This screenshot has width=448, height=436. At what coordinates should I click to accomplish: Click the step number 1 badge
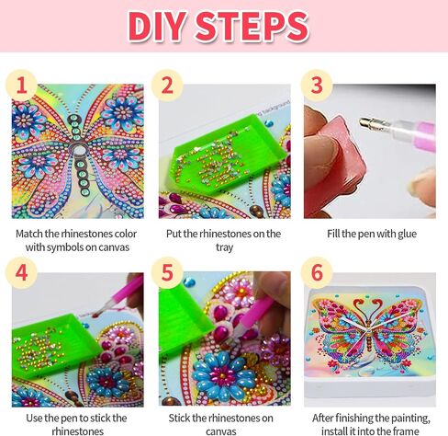point(21,86)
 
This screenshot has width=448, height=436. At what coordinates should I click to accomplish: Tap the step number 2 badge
point(167,86)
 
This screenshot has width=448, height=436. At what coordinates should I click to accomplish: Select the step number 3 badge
point(317,86)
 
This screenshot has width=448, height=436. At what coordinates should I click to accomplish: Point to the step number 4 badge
point(21,272)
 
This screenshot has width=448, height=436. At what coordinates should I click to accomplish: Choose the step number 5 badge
point(167,272)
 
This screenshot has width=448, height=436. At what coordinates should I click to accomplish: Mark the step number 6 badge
point(317,272)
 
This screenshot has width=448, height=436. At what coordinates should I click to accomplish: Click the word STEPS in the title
point(252,27)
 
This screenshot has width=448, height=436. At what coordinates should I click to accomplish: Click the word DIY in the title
point(157,27)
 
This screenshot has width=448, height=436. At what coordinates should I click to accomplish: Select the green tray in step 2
point(227,154)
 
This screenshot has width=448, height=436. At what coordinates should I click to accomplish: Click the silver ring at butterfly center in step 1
point(80,150)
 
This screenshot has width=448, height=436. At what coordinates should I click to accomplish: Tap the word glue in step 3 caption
point(407,234)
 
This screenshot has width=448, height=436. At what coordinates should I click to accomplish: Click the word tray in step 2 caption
point(224,247)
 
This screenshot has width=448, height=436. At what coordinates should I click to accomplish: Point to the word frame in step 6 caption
point(406,430)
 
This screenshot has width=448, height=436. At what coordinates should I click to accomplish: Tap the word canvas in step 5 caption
point(220,431)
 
